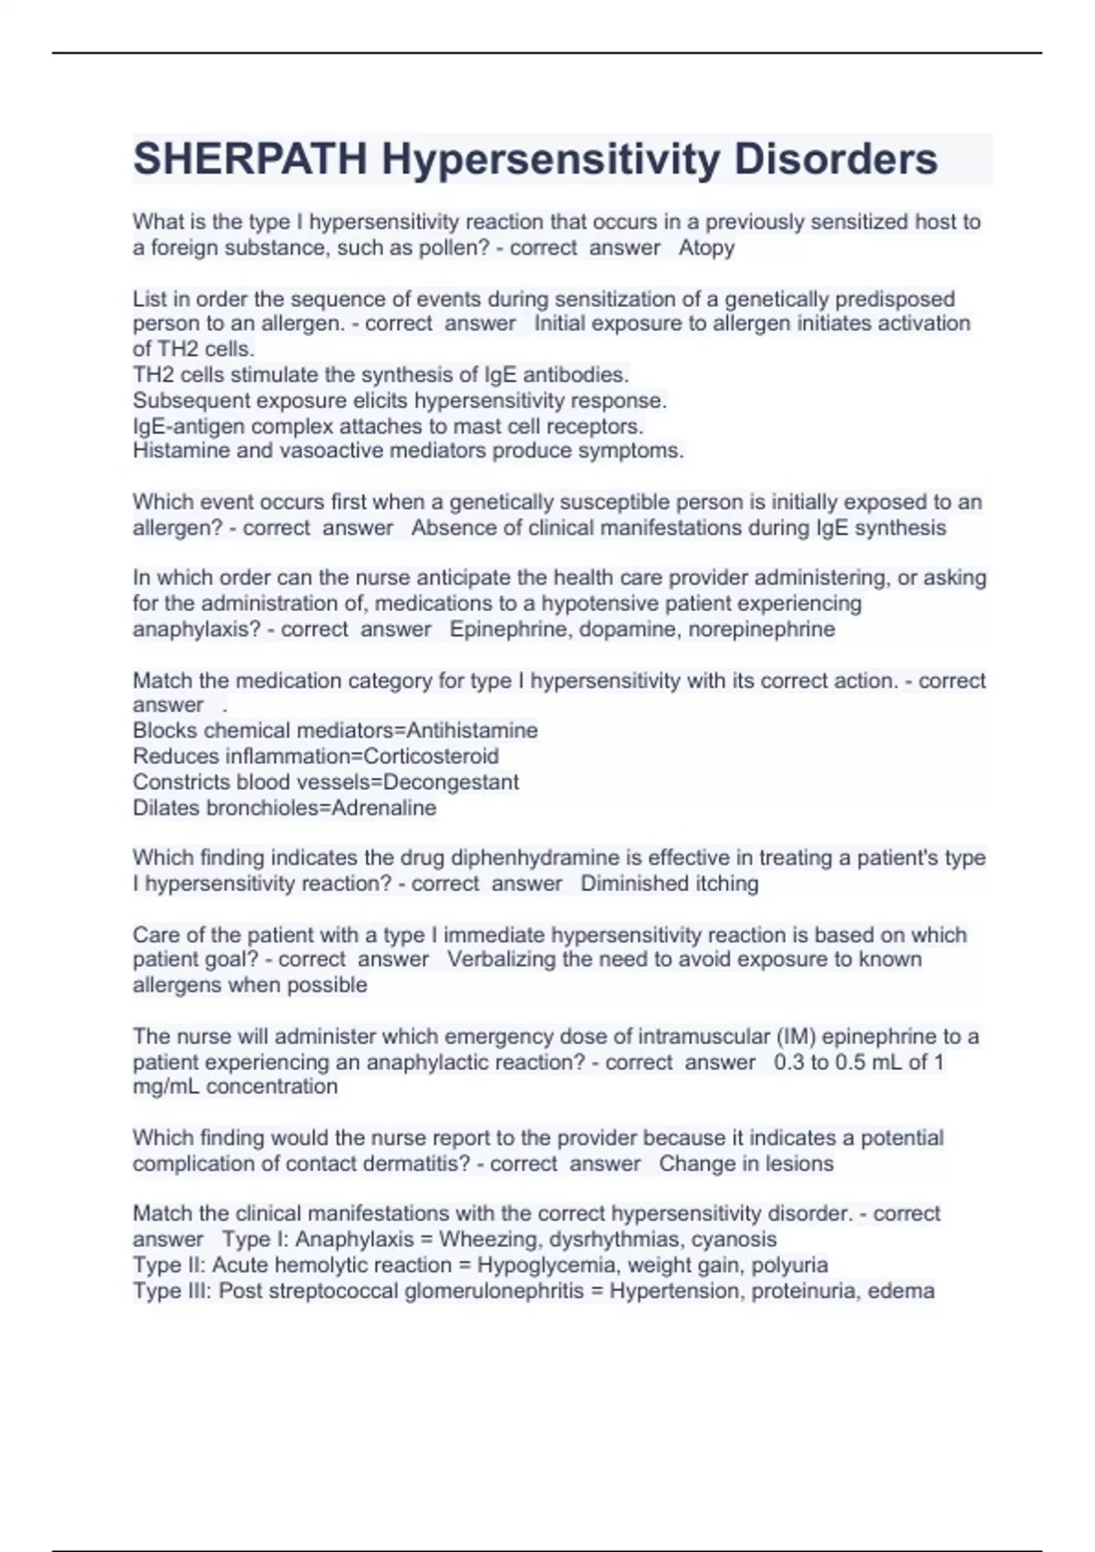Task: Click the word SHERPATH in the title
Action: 250,159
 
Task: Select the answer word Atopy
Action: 706,247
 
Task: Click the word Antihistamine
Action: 472,730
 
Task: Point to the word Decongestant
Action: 451,781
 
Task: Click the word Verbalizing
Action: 502,960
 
